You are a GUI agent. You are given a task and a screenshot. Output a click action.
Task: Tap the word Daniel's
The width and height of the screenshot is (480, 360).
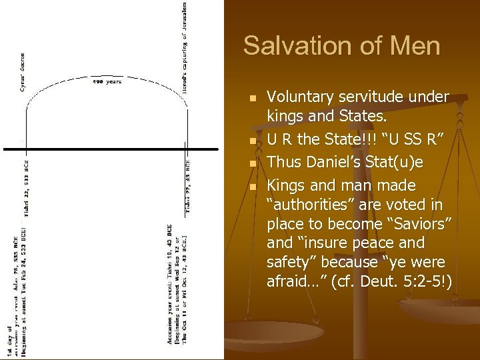[x=347, y=163]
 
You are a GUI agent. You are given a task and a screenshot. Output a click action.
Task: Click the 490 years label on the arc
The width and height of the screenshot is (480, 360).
[x=107, y=82]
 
